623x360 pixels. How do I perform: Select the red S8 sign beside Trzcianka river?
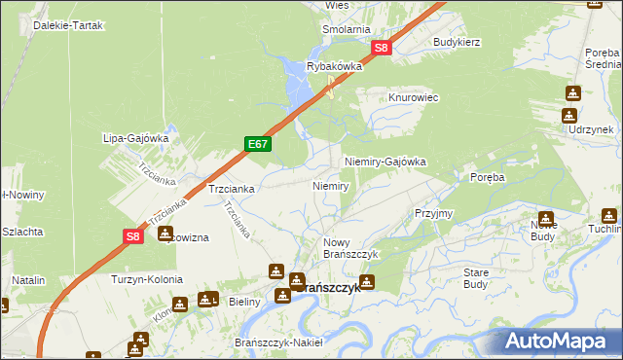pos(134,235)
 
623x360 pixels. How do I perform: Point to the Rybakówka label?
pos(334,66)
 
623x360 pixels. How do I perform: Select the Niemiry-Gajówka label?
pos(385,162)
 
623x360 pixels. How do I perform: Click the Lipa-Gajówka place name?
pos(136,138)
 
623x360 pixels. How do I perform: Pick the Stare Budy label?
pos(476,278)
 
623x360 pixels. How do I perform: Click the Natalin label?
pos(29,280)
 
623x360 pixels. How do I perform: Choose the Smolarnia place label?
pos(347,29)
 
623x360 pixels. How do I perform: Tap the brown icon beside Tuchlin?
pos(610,216)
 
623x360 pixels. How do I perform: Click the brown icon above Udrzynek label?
pos(572,93)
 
